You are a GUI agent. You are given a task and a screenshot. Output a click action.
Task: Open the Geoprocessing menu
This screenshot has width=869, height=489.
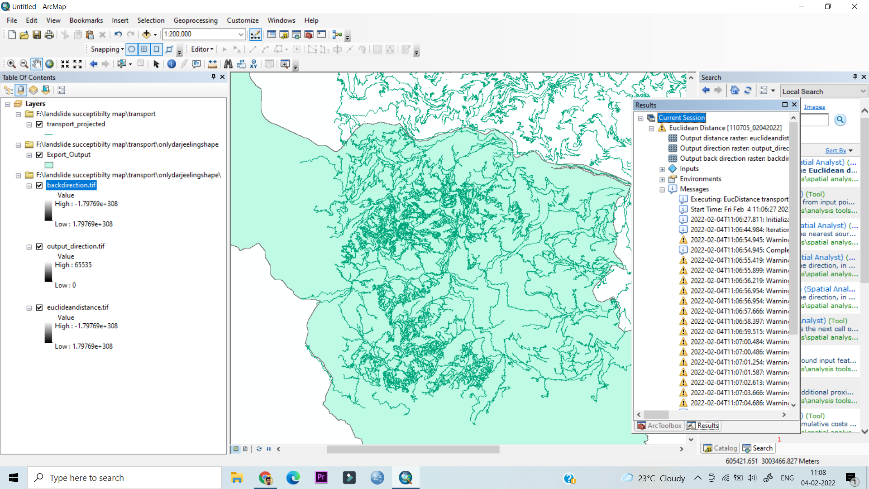tap(195, 20)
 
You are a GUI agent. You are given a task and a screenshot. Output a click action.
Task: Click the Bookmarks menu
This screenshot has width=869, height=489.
tap(86, 20)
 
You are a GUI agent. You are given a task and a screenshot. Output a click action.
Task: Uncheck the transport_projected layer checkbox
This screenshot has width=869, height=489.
tap(39, 124)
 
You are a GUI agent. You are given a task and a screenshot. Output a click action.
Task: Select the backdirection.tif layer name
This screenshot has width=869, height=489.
tap(71, 185)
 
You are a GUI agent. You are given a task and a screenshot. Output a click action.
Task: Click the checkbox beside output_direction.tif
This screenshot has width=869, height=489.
tap(39, 246)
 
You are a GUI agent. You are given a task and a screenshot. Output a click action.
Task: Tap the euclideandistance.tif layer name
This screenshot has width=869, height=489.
tap(77, 307)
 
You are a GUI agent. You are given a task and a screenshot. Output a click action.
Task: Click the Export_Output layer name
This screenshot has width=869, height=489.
tap(68, 155)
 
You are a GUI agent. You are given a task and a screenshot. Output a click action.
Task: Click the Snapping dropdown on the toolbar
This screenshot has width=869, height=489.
tap(107, 49)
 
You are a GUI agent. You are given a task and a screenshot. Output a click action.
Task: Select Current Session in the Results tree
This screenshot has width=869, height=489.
tap(681, 118)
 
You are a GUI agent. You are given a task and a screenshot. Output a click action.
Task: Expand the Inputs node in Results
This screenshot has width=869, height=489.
tap(662, 169)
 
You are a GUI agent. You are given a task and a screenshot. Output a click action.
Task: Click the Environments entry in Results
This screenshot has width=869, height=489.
tap(700, 179)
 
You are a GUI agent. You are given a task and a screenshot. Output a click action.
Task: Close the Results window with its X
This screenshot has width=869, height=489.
tap(794, 105)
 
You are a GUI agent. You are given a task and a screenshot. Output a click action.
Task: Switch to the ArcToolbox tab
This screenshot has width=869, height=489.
tap(659, 426)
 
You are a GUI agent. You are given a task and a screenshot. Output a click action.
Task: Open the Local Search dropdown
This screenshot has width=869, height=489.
tap(863, 91)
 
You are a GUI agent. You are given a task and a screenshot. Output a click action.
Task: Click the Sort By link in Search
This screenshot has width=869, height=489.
tap(836, 150)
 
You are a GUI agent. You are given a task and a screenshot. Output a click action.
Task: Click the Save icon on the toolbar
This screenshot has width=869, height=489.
tap(37, 34)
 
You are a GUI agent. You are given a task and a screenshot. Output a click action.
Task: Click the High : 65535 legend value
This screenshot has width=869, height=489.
tap(73, 265)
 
